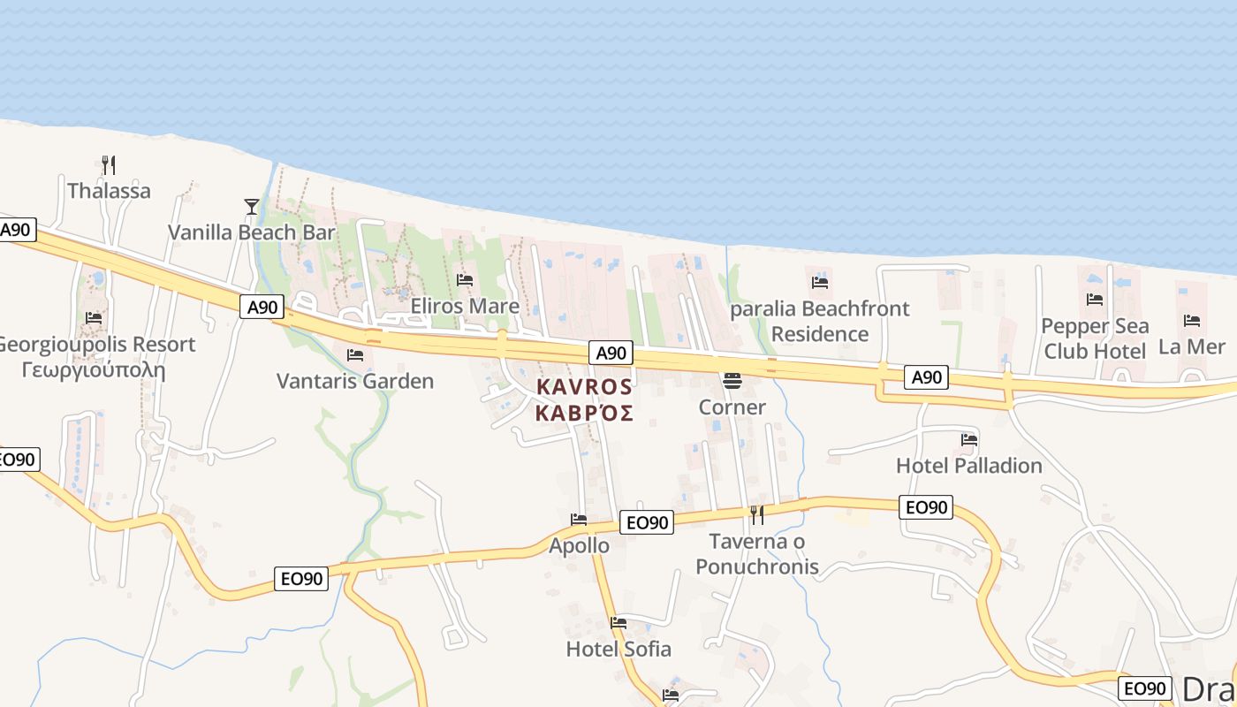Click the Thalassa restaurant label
point(109,191)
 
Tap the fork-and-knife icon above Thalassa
point(109,164)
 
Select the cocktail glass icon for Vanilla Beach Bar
point(252,207)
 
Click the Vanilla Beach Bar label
point(252,232)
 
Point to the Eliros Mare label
point(465,306)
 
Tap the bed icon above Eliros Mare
point(465,280)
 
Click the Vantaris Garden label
point(355,381)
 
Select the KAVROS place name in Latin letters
point(584,387)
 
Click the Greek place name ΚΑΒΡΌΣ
point(584,413)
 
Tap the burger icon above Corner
point(732,381)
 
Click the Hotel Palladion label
point(969,465)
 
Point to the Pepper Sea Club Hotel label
point(1095,338)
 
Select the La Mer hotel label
point(1192,346)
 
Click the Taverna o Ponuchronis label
point(757,554)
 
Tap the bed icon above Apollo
point(579,520)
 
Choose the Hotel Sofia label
point(618,649)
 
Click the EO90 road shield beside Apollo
point(646,522)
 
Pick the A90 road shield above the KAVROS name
point(611,353)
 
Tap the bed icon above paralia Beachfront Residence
point(820,283)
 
